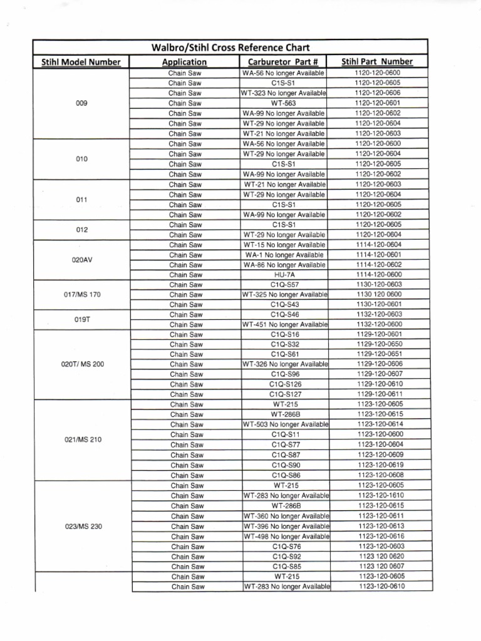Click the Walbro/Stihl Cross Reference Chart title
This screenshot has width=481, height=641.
pyautogui.click(x=231, y=48)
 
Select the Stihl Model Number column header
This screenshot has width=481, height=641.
pyautogui.click(x=81, y=62)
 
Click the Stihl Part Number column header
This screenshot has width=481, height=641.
pyautogui.click(x=377, y=61)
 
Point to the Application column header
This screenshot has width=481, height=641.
pyautogui.click(x=184, y=62)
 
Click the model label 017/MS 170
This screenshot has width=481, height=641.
pyautogui.click(x=81, y=294)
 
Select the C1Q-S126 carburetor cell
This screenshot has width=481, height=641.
pyautogui.click(x=286, y=384)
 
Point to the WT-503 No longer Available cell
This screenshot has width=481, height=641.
pyautogui.click(x=286, y=424)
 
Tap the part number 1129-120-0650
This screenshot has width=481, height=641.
pyautogui.click(x=380, y=344)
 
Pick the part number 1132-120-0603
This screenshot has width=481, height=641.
pyautogui.click(x=379, y=314)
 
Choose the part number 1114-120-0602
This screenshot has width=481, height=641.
pyautogui.click(x=378, y=265)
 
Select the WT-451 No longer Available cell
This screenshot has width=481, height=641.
pyautogui.click(x=285, y=324)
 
